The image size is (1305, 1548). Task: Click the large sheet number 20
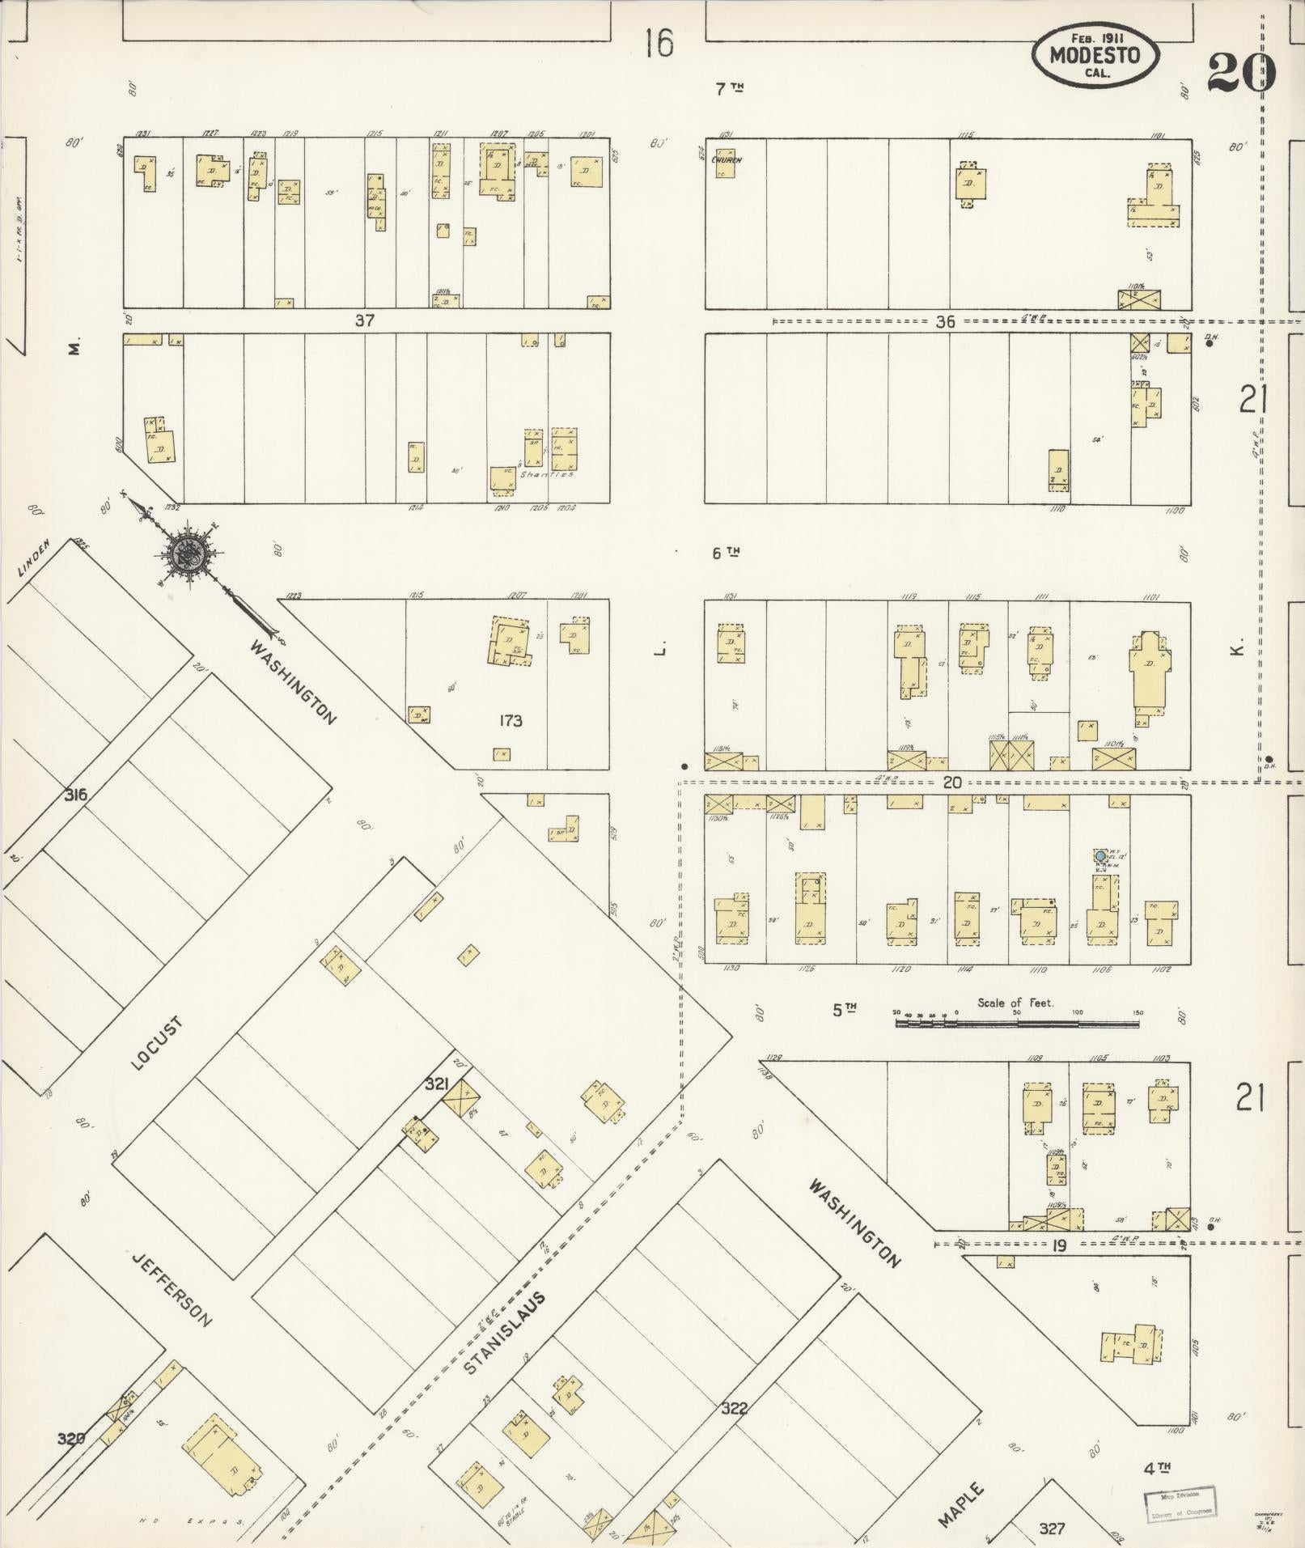(1240, 73)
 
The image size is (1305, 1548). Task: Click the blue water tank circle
(1100, 855)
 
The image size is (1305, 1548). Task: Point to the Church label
(726, 160)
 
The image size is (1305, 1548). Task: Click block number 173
(511, 720)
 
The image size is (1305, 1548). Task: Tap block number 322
(734, 1409)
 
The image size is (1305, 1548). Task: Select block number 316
(75, 795)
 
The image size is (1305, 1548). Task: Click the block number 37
(364, 320)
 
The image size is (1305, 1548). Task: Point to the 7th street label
(728, 89)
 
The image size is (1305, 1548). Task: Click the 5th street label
(844, 1009)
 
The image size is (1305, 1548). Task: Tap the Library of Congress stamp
(1178, 1503)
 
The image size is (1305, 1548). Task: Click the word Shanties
(547, 474)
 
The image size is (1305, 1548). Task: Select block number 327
(1052, 1528)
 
